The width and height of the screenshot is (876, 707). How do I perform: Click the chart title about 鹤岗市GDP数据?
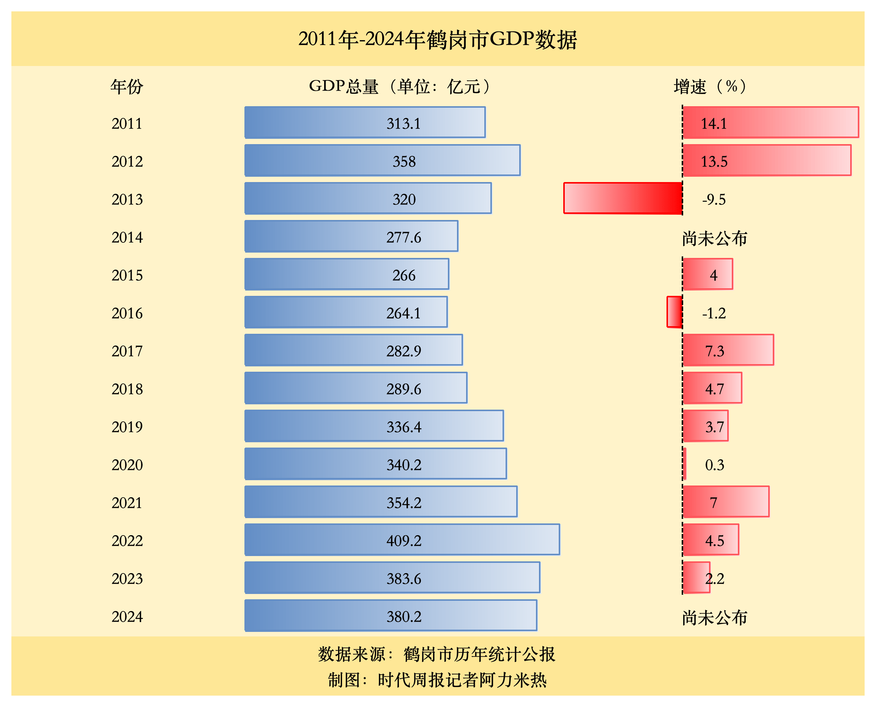point(438,39)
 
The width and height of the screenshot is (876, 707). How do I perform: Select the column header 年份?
point(127,87)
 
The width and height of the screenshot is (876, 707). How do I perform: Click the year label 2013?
point(127,200)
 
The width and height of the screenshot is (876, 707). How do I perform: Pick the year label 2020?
point(127,465)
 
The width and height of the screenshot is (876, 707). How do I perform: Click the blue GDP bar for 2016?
point(345,312)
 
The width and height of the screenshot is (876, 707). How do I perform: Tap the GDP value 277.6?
point(403,237)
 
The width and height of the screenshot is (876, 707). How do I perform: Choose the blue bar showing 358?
point(382,160)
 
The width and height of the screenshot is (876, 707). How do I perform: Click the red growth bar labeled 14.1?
point(770,123)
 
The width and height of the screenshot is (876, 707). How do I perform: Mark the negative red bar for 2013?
point(622,198)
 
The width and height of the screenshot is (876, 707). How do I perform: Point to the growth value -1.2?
point(714,314)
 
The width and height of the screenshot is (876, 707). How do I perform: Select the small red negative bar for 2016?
point(674,312)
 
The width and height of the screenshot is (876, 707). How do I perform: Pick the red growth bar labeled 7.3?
point(728,350)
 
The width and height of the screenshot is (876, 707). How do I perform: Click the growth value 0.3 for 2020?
point(715,465)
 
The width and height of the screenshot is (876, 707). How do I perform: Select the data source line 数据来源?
point(436,654)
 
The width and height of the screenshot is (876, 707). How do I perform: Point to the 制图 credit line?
point(437,680)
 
